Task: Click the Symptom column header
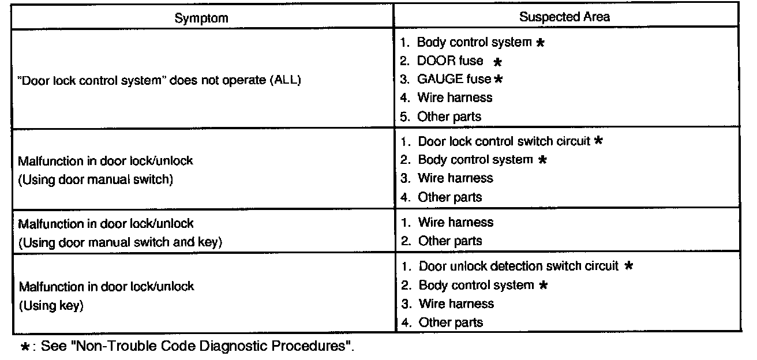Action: (x=201, y=17)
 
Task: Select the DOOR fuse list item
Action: (x=450, y=61)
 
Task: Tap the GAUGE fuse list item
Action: (x=454, y=79)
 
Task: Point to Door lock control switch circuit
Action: (x=504, y=141)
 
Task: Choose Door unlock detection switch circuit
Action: (x=518, y=266)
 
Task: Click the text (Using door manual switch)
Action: (x=96, y=179)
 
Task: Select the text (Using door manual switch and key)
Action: (x=121, y=242)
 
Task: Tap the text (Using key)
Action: (x=51, y=306)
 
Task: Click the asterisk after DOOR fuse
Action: (x=497, y=62)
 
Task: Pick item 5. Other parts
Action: (x=449, y=117)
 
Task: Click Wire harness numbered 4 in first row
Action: (x=455, y=97)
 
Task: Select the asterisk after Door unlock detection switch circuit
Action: (x=629, y=266)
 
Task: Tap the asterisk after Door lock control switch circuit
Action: (x=598, y=141)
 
